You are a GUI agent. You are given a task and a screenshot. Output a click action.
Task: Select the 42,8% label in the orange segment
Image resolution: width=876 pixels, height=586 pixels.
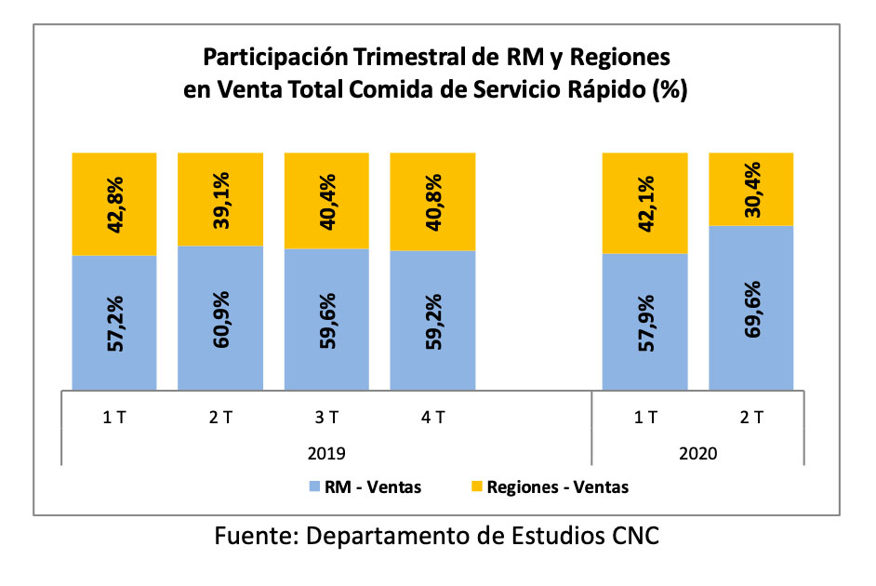tap(114, 204)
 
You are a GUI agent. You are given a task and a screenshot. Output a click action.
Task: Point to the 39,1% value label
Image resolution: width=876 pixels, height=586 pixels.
tap(219, 199)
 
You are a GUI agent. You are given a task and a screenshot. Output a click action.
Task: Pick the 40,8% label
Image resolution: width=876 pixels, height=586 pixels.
tap(431, 202)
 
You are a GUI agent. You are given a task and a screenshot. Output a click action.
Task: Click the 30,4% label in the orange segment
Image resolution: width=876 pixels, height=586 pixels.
tap(750, 189)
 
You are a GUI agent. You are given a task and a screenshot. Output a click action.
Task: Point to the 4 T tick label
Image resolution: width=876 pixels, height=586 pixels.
tap(432, 418)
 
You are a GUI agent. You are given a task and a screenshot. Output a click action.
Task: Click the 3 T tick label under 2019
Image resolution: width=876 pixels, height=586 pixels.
tap(326, 418)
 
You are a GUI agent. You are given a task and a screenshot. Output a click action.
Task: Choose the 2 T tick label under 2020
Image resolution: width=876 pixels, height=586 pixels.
tap(750, 418)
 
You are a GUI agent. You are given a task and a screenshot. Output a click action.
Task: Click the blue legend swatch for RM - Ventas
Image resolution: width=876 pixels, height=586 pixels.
tap(312, 486)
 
